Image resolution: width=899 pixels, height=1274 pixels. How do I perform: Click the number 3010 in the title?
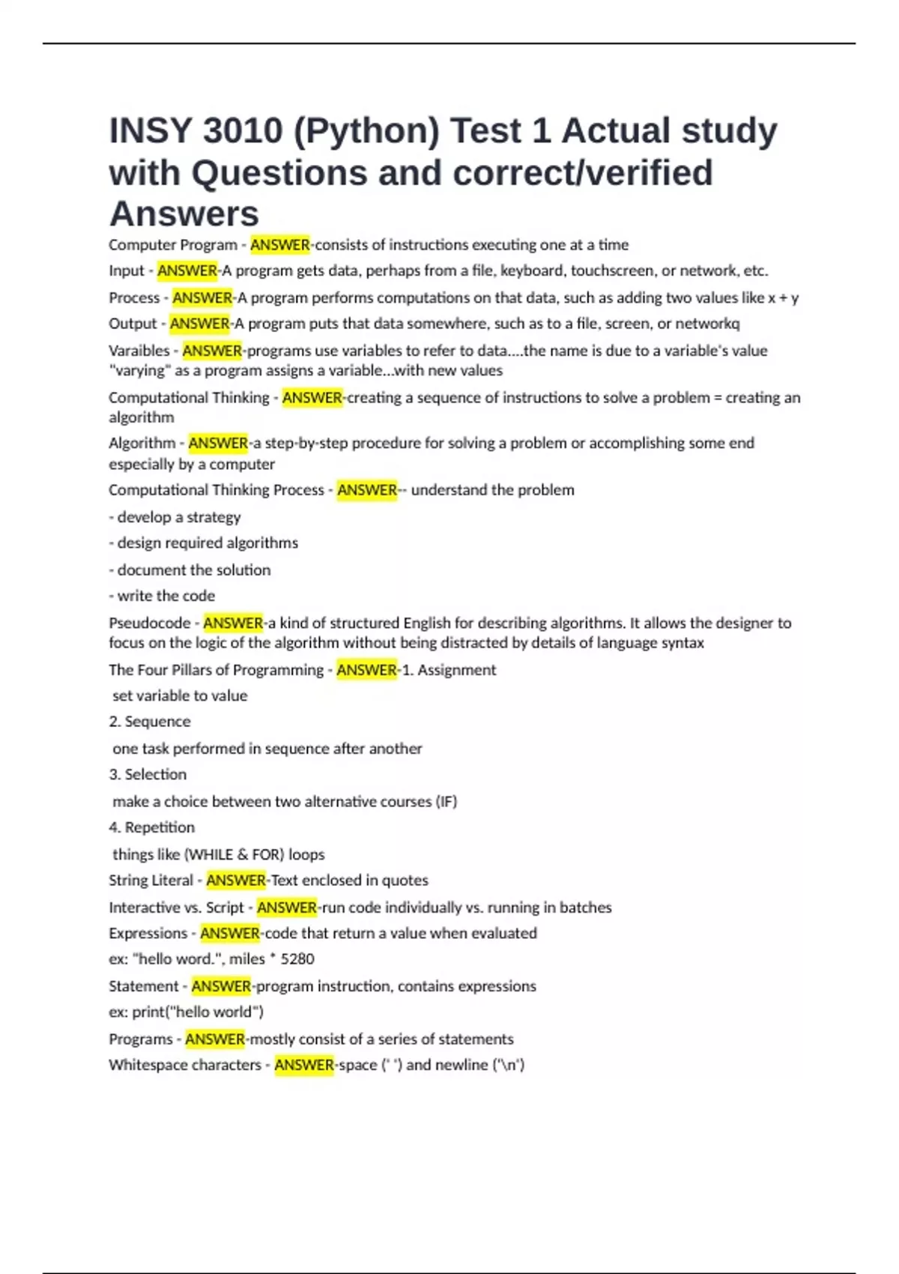click(x=242, y=131)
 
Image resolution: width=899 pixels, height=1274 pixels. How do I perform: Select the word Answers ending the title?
click(x=184, y=214)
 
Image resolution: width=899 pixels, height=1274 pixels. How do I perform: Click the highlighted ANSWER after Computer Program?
click(x=280, y=245)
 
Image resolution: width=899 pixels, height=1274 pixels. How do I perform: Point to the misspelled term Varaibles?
click(x=139, y=351)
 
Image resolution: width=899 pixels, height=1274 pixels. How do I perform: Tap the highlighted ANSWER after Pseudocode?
click(x=233, y=623)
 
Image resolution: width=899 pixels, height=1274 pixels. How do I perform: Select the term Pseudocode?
click(x=149, y=623)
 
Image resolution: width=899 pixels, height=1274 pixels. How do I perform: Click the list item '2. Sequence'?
click(x=150, y=722)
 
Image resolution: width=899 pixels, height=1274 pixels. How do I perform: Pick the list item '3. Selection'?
click(x=148, y=775)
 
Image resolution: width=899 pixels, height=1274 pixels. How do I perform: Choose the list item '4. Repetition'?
click(x=151, y=827)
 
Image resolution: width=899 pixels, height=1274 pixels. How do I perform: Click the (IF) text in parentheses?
click(x=446, y=802)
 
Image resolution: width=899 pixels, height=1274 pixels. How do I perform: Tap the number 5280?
click(x=297, y=959)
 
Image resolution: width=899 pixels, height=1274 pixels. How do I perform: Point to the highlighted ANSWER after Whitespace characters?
click(x=304, y=1065)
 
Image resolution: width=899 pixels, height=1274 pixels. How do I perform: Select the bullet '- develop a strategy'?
click(x=175, y=517)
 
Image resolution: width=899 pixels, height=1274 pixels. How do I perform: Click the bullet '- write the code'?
click(x=162, y=596)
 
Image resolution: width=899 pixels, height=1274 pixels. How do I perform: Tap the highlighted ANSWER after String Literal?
click(x=236, y=881)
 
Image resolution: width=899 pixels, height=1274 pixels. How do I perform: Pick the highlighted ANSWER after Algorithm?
click(x=218, y=444)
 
